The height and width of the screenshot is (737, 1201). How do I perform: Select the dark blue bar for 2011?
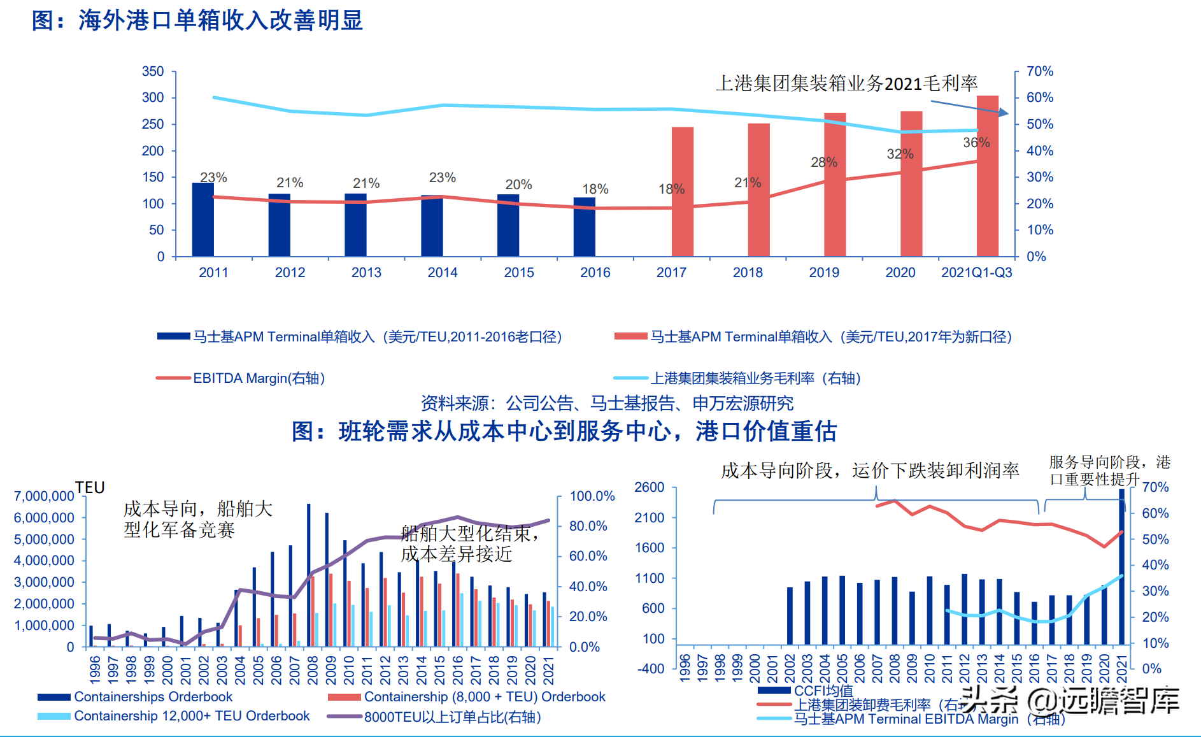click(203, 220)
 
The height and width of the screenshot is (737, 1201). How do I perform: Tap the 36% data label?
click(976, 143)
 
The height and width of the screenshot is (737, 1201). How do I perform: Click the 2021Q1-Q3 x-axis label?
click(976, 273)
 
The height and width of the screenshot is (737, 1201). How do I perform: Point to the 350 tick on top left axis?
click(153, 71)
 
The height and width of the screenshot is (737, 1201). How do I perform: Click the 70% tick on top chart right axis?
click(1040, 71)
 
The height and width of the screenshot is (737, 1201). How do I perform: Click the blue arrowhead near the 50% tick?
click(1004, 113)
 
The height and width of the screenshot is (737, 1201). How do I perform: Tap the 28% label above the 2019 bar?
click(824, 162)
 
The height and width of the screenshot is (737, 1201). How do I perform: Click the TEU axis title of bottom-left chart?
click(90, 487)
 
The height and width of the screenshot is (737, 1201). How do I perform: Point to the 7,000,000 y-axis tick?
click(44, 496)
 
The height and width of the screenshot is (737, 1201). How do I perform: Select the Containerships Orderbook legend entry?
click(153, 697)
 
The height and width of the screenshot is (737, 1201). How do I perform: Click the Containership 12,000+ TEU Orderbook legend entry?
click(191, 716)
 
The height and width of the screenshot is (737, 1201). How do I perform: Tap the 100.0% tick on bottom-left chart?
click(592, 496)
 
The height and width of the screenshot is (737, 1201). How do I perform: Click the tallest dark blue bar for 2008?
click(309, 573)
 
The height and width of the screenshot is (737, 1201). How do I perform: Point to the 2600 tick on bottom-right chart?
click(649, 487)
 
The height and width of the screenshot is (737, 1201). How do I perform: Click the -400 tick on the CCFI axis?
click(650, 668)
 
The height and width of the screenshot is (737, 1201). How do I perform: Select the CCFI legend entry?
click(823, 690)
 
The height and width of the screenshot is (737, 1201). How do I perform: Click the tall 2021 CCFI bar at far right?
click(1121, 567)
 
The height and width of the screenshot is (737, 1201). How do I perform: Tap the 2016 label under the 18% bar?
click(595, 273)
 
